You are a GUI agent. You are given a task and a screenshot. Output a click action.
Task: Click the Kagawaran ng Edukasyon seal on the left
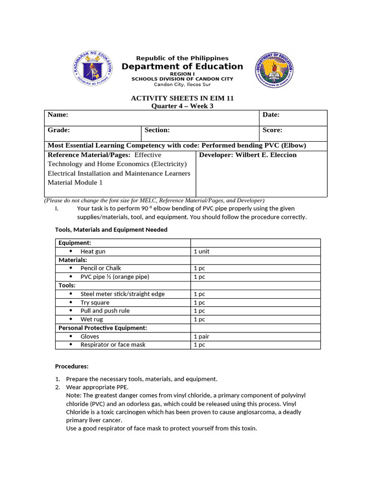(93, 68)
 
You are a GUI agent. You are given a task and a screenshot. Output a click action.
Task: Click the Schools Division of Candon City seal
(274, 69)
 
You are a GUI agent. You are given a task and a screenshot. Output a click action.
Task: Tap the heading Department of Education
(182, 67)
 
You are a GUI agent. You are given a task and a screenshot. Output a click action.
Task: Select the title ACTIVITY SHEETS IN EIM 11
(182, 98)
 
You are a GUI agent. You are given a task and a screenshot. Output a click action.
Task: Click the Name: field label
(58, 115)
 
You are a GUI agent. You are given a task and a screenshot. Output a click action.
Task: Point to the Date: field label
(271, 115)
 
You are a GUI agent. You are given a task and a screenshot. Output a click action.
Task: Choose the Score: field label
(272, 130)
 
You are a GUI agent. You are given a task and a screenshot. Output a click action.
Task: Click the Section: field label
(157, 130)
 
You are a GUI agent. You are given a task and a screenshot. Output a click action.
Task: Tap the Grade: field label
(59, 130)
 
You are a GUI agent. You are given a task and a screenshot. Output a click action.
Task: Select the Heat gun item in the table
(93, 252)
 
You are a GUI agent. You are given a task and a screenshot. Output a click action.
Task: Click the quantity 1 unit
(202, 252)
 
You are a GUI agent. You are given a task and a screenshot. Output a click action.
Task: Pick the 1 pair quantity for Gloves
(202, 337)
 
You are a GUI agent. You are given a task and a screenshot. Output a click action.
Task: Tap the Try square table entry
(95, 302)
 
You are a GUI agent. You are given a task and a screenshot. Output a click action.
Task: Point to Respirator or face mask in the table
(113, 345)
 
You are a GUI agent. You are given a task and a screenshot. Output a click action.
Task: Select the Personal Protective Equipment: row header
(103, 328)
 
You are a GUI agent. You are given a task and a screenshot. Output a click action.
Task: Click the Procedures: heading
(72, 367)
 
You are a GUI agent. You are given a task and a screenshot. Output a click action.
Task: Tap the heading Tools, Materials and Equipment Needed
(111, 230)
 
